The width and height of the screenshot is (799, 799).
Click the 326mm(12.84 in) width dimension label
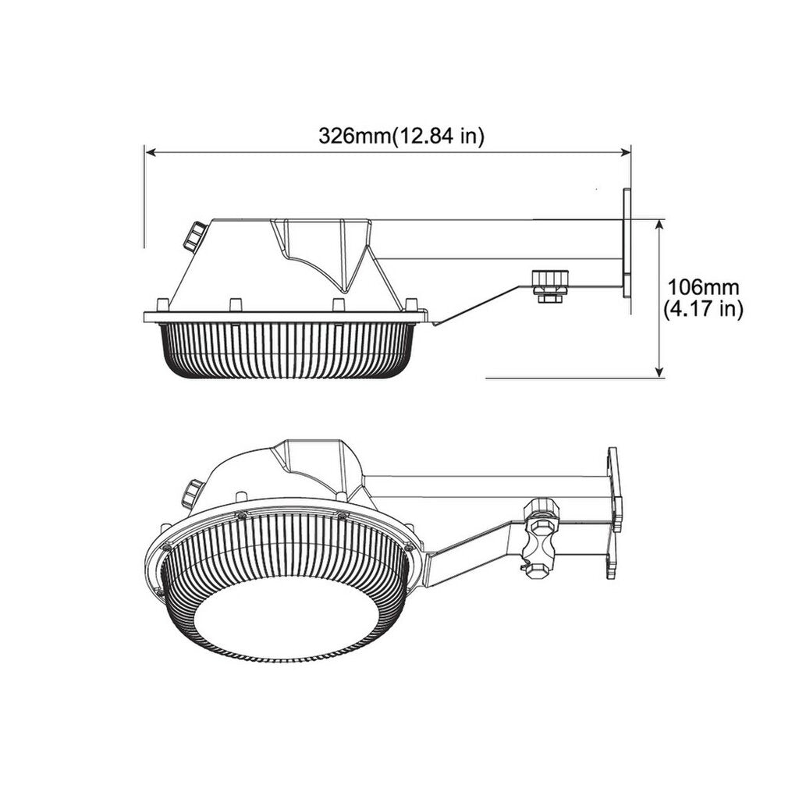(401, 136)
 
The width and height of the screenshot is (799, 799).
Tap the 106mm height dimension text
(703, 287)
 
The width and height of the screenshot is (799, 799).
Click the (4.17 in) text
(703, 309)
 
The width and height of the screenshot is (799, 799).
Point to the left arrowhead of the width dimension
(150, 151)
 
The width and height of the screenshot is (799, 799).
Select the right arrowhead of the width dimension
(626, 151)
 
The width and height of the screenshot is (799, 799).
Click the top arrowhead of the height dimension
(660, 224)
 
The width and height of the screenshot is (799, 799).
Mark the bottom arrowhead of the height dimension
(660, 373)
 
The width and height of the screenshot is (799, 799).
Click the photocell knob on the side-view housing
(194, 236)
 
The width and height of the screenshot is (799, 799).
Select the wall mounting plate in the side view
(627, 243)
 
